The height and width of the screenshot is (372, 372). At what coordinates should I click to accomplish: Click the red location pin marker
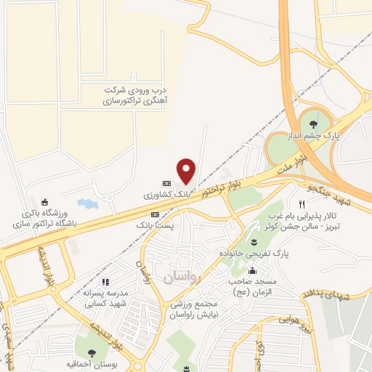coord(187,171)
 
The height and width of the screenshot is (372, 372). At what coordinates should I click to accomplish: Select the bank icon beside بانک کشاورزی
coord(166,183)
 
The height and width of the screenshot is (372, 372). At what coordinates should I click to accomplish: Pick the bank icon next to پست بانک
coord(155,214)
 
